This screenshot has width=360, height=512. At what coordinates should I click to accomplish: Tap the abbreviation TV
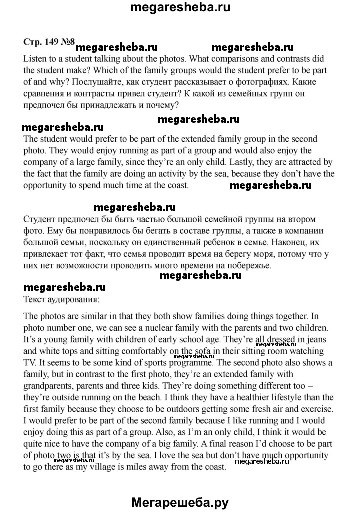[31, 363]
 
